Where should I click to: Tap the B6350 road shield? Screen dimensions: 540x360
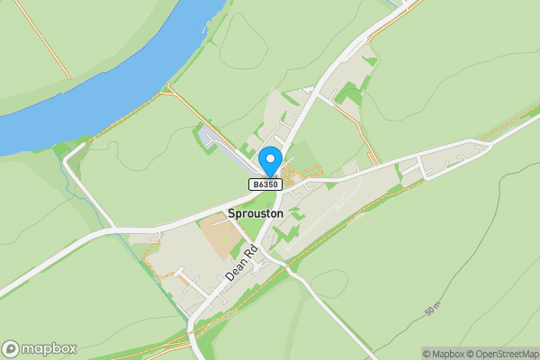[265, 184]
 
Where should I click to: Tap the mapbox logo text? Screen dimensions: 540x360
[49, 348]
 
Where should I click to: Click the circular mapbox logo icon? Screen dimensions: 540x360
[11, 348]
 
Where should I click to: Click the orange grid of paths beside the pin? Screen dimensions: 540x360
[301, 173]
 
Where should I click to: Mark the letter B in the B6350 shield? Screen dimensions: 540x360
[255, 184]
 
